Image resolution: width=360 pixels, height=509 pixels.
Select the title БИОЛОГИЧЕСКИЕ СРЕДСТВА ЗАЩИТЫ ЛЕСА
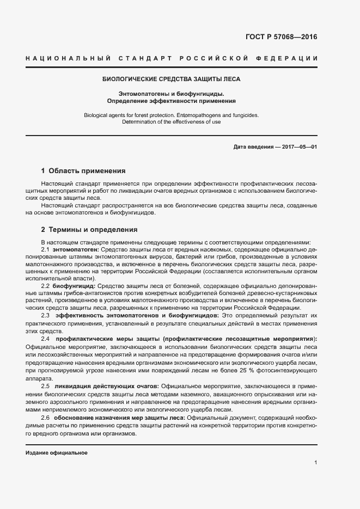coord(172,79)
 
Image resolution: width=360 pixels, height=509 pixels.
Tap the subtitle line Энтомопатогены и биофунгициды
coord(172,94)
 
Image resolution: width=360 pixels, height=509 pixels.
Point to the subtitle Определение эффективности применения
coord(172,101)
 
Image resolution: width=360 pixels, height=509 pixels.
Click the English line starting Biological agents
coord(172,115)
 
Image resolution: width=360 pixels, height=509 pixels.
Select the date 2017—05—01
coord(298,148)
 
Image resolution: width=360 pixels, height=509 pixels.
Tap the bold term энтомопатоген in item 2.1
coord(74,249)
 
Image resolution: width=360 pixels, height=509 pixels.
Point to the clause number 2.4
coord(46,339)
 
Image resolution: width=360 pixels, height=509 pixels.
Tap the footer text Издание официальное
coord(56,453)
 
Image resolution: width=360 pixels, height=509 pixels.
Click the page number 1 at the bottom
coord(315,463)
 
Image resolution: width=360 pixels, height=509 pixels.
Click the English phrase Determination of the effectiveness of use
coord(172,122)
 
